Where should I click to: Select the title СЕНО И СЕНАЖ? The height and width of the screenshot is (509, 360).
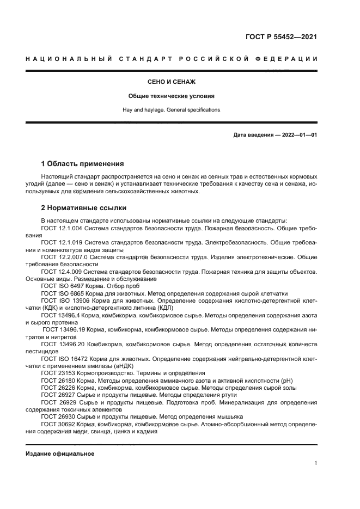click(x=171, y=82)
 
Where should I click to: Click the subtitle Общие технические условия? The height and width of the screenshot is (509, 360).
click(x=171, y=96)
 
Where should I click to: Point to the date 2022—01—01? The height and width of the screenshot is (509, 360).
click(x=296, y=135)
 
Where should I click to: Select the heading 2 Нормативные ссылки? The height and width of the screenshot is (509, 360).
click(x=84, y=208)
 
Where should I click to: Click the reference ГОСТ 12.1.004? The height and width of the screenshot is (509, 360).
click(x=63, y=229)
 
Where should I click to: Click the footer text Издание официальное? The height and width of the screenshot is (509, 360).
click(x=60, y=453)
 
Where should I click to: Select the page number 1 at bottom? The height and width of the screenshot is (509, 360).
click(x=315, y=463)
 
